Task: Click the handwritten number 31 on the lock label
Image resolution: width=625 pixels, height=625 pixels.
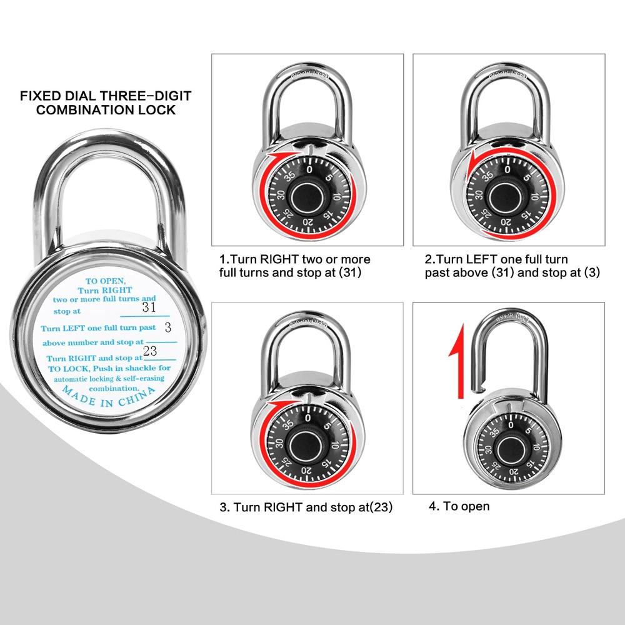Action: point(149,307)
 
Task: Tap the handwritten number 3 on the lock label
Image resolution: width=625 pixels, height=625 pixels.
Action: point(167,327)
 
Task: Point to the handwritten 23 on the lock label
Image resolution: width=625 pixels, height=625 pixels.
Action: point(150,351)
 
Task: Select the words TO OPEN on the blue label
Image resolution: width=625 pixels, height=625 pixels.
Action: point(105,282)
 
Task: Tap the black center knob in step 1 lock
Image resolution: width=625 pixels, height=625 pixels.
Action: point(307,198)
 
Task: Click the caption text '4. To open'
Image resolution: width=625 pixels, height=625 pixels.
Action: point(459,506)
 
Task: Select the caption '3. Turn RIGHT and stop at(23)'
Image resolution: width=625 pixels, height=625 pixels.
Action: point(306,507)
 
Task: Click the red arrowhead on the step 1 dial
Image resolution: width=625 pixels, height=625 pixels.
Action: point(272,156)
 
